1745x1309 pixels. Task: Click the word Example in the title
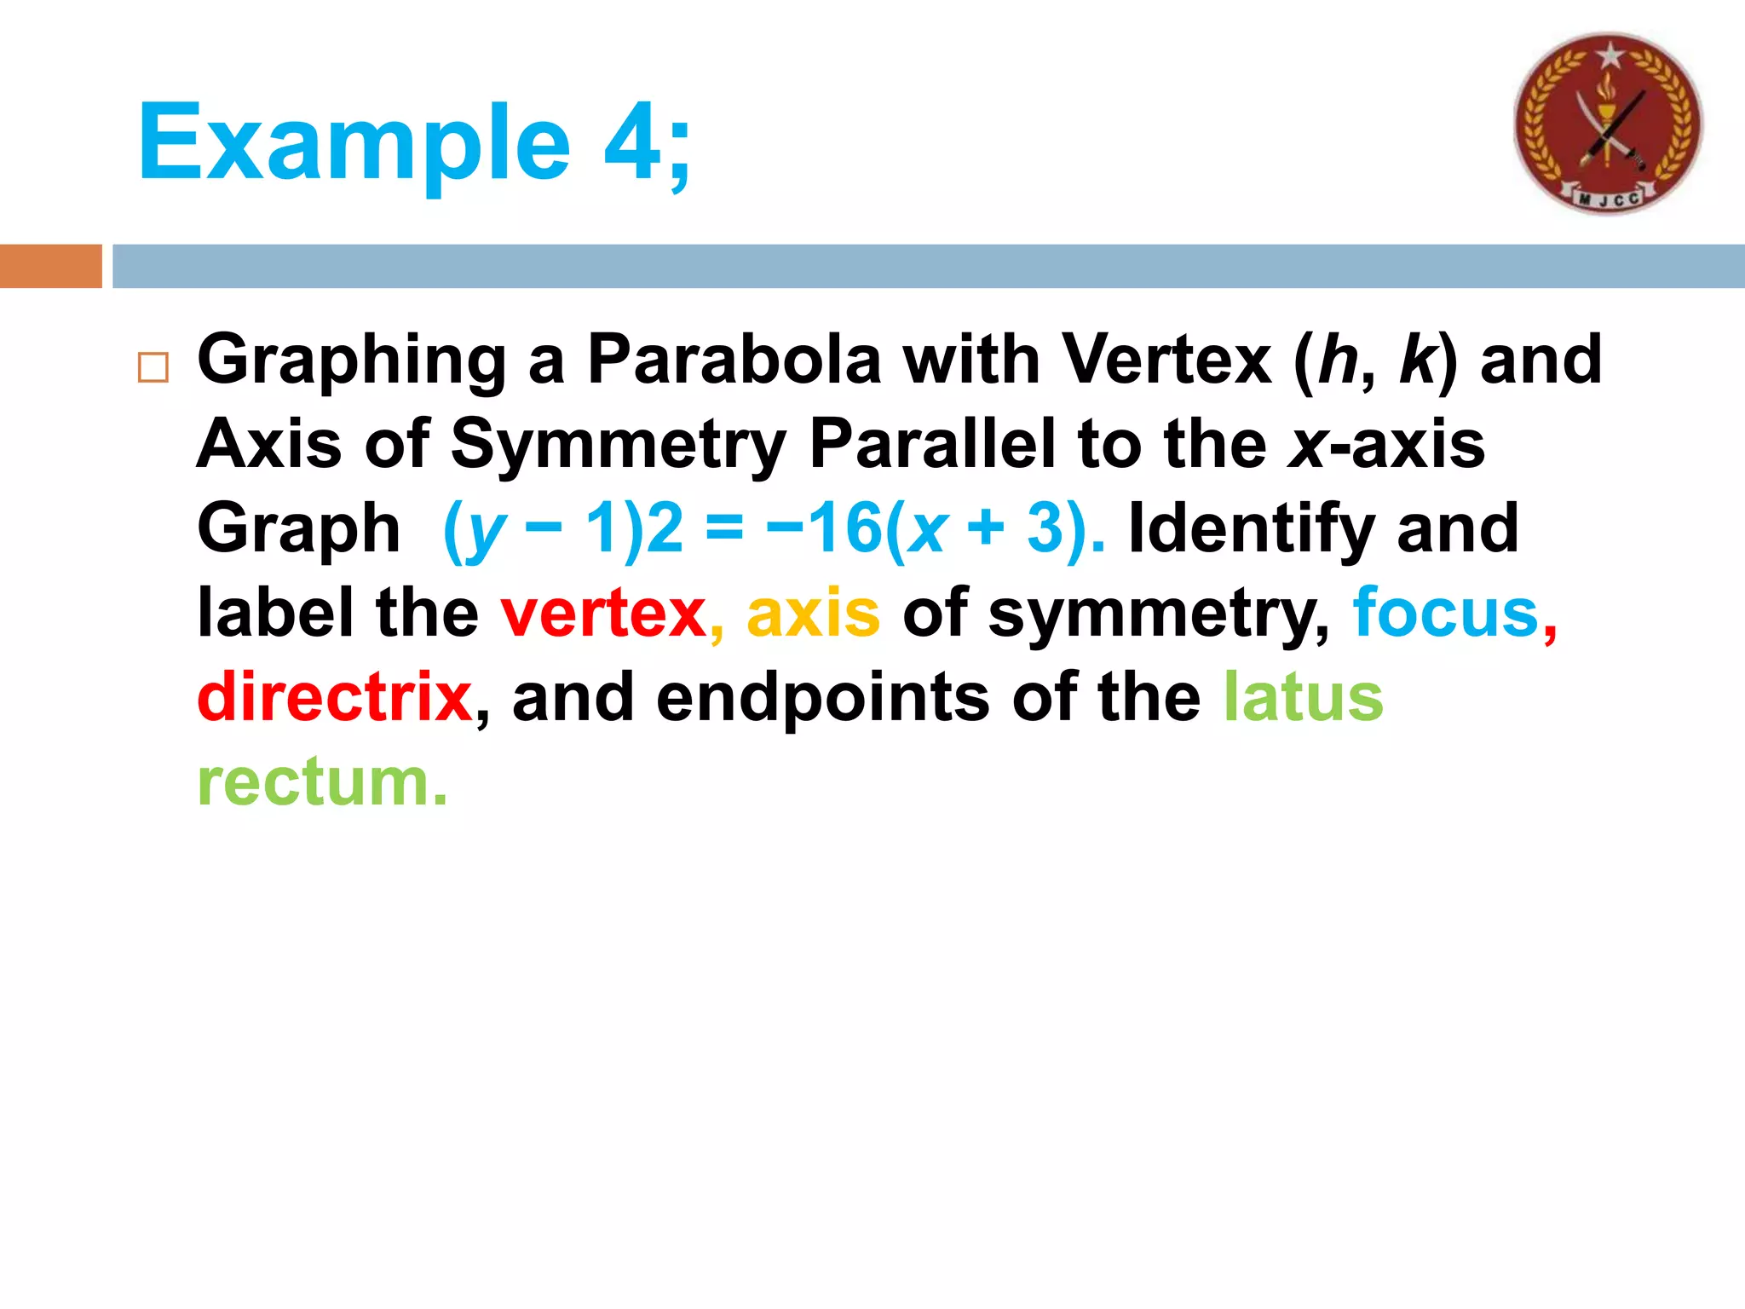pyautogui.click(x=353, y=143)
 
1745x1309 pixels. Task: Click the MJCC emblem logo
pyautogui.click(x=1608, y=124)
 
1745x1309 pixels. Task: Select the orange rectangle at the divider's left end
pyautogui.click(x=50, y=266)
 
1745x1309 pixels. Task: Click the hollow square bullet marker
pyautogui.click(x=153, y=367)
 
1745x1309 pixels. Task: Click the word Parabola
pyautogui.click(x=734, y=360)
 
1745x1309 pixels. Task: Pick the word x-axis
pyautogui.click(x=1386, y=445)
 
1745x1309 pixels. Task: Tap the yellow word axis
pyautogui.click(x=813, y=614)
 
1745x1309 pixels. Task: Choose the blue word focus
pyautogui.click(x=1445, y=612)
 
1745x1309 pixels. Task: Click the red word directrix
pyautogui.click(x=334, y=697)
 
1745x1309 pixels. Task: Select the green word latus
pyautogui.click(x=1303, y=697)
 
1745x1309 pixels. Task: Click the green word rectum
pyautogui.click(x=321, y=782)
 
